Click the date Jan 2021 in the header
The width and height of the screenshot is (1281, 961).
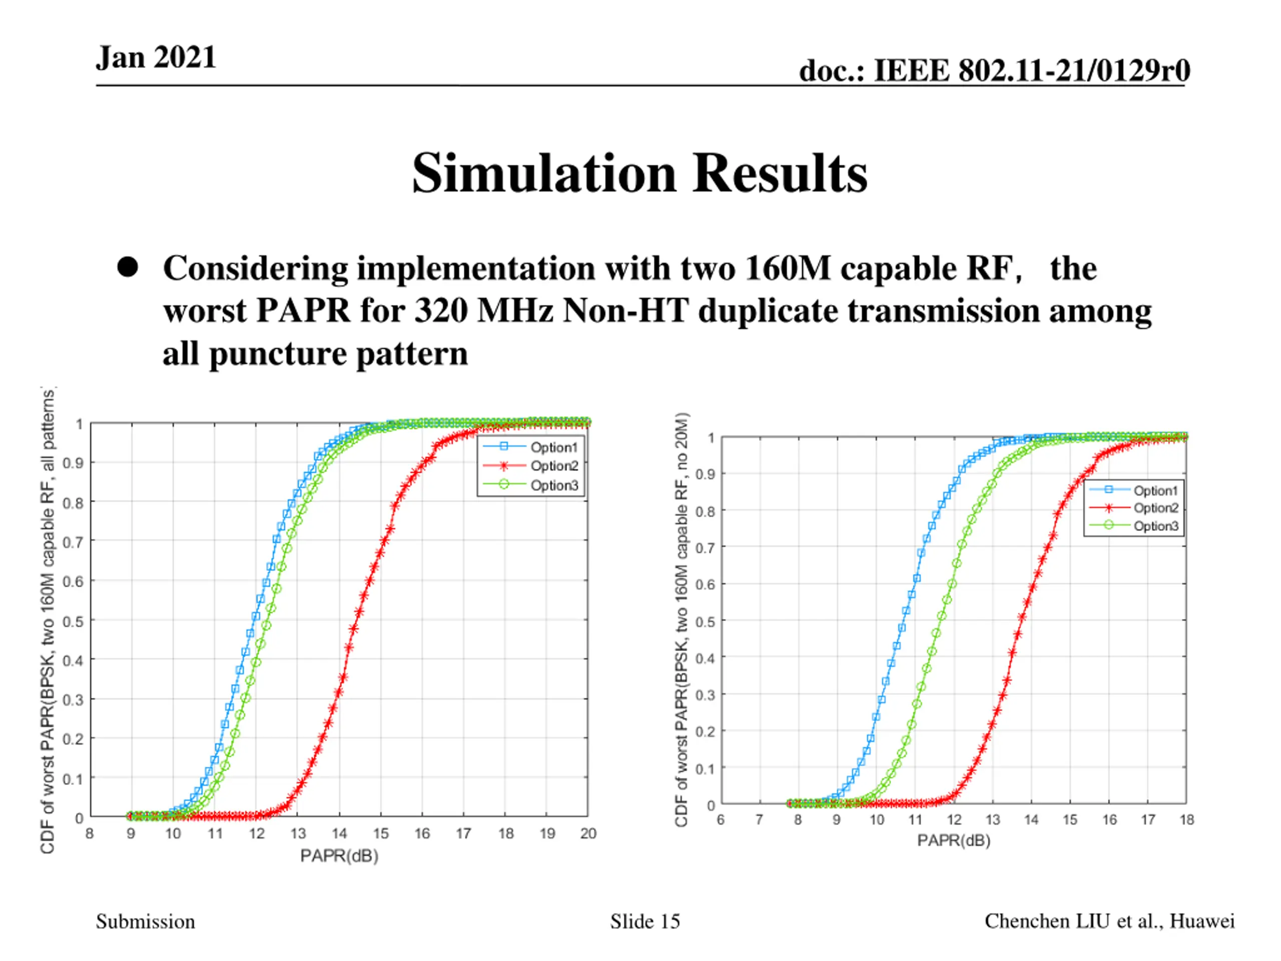(x=156, y=58)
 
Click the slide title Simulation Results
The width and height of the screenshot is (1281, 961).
(x=639, y=173)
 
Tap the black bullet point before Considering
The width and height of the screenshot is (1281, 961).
(x=128, y=267)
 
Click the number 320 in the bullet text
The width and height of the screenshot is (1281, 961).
(x=441, y=311)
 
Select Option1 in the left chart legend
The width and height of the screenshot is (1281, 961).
(x=553, y=447)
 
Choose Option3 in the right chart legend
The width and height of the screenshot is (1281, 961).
(x=1155, y=526)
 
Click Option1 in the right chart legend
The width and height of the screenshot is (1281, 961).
(x=1155, y=491)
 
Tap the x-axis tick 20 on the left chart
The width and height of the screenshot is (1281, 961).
(x=588, y=833)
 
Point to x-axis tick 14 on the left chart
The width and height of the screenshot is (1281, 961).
(x=339, y=833)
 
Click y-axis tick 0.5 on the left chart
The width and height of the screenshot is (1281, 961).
(x=73, y=621)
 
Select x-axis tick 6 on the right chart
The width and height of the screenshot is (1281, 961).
(x=721, y=820)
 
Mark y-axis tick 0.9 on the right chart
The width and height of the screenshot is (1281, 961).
(x=705, y=474)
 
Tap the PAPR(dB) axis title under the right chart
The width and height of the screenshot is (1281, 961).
(x=953, y=840)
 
